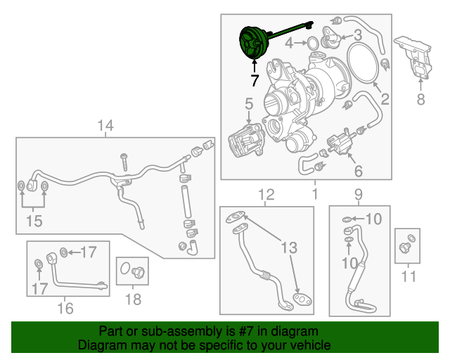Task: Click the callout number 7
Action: pos(254,80)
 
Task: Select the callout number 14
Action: pos(105,127)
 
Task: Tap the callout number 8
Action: pos(420,99)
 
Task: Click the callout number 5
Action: pos(248,105)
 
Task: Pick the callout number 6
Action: pos(357,171)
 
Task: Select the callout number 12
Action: pos(266,194)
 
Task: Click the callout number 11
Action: pos(408,276)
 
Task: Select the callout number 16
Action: pos(65,307)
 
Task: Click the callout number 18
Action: pos(132,300)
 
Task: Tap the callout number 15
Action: pos(33,221)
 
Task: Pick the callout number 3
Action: pos(357,34)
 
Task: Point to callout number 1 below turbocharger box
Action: pos(314,193)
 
